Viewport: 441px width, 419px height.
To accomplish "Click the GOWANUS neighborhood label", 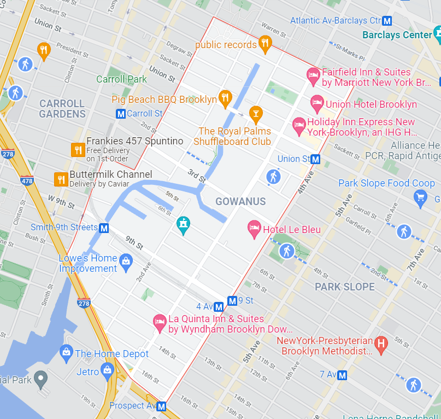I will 240,201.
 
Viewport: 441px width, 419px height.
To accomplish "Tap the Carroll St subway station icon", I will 121,114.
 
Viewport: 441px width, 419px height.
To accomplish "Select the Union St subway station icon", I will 315,159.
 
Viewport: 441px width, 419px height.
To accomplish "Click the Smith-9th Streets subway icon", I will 104,228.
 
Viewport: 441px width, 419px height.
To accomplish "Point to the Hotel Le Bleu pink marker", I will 254,229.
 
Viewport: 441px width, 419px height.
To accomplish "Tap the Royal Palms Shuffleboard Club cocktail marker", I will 255,114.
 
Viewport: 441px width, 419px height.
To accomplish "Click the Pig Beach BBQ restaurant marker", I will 225,98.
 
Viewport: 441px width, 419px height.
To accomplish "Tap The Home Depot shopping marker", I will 67,353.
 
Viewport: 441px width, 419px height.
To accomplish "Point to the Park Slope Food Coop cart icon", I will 420,198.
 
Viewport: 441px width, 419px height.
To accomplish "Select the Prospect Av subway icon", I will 161,406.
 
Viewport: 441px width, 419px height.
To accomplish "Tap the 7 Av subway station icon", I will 343,375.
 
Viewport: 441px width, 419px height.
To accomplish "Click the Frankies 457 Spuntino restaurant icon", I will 78,149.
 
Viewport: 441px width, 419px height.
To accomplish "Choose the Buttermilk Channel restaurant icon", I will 61,178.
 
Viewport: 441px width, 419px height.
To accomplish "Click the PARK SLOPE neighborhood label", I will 345,287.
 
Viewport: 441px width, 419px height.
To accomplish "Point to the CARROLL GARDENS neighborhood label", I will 62,109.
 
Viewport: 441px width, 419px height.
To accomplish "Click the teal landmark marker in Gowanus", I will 184,224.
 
